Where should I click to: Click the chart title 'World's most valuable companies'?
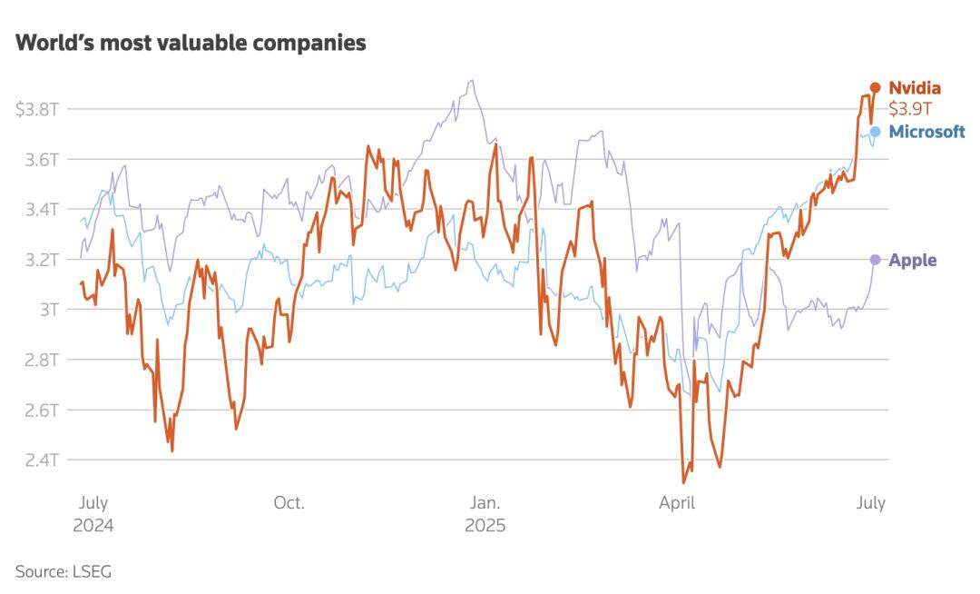point(191,43)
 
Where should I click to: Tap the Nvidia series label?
point(914,88)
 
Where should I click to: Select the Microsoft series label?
point(926,132)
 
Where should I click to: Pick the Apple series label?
point(912,261)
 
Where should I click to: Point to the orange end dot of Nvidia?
point(875,87)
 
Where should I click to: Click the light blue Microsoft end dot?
point(875,132)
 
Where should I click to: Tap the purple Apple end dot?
point(875,260)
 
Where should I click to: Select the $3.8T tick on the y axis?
point(38,110)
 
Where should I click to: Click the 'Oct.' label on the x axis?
point(289,503)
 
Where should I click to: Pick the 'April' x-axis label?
point(677,503)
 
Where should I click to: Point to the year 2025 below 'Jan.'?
point(485,526)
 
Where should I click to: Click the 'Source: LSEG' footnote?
point(63,571)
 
